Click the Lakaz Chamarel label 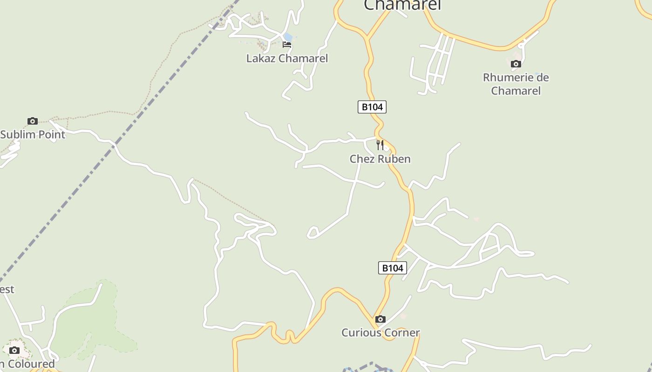click(287, 59)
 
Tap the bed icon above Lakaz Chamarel click(287, 45)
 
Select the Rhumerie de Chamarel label click(516, 84)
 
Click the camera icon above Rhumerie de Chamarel click(516, 64)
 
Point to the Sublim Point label click(33, 134)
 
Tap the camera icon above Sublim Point click(32, 121)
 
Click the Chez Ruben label click(380, 159)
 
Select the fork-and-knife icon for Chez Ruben click(380, 145)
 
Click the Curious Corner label click(380, 333)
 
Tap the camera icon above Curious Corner click(380, 319)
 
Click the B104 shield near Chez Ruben click(372, 107)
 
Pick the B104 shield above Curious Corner click(392, 268)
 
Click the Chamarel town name click(401, 5)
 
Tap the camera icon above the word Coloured click(14, 350)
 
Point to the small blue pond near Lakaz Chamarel click(288, 37)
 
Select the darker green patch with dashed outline click(93, 321)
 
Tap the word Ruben click(395, 159)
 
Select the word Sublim click(18, 134)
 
